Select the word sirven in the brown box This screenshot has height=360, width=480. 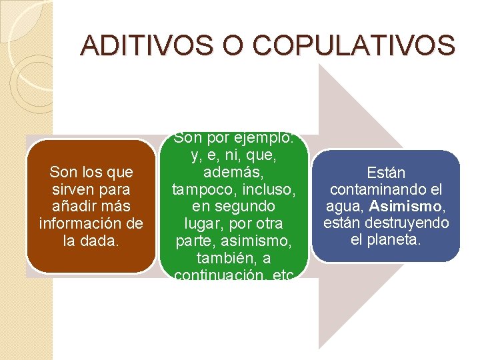[73, 189]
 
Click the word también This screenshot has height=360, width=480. [224, 257]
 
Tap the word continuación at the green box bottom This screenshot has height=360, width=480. [221, 272]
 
